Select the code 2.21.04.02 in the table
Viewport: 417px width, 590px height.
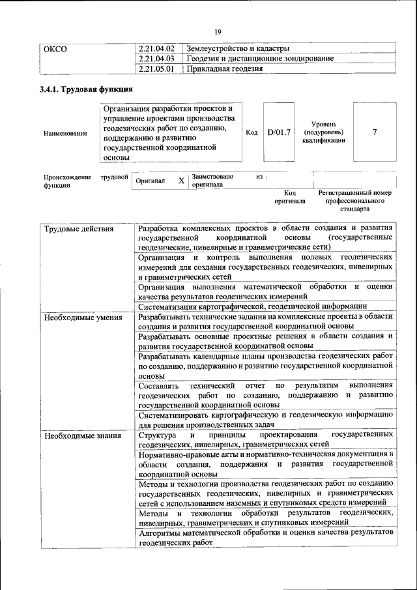pyautogui.click(x=157, y=48)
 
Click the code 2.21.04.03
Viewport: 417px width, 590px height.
pyautogui.click(x=157, y=58)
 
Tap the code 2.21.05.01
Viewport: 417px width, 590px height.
pyautogui.click(x=157, y=68)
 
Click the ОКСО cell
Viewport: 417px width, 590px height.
pyautogui.click(x=55, y=48)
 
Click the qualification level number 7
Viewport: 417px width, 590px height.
pyautogui.click(x=374, y=132)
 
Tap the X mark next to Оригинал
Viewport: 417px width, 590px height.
pyautogui.click(x=181, y=181)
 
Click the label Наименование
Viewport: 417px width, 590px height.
pyautogui.click(x=65, y=134)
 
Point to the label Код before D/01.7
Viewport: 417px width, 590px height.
pyautogui.click(x=252, y=132)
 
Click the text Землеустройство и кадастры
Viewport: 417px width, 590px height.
pyautogui.click(x=238, y=48)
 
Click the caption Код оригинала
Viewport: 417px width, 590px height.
pyautogui.click(x=290, y=197)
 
